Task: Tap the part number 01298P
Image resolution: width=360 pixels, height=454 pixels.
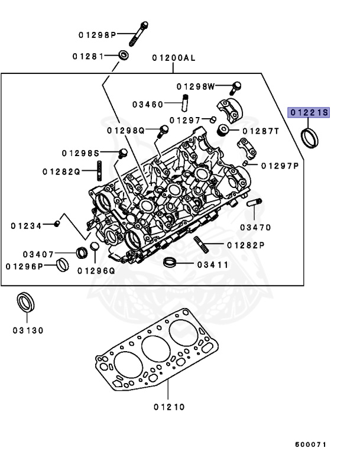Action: [x=98, y=35]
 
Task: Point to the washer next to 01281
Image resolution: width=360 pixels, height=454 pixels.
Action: [x=125, y=56]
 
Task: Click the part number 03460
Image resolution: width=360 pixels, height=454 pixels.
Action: [x=147, y=105]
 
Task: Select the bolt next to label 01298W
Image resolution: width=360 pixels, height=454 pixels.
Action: [x=236, y=86]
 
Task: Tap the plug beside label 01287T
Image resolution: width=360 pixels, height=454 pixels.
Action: [x=224, y=130]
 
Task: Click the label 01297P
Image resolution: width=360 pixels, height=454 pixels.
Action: [x=280, y=166]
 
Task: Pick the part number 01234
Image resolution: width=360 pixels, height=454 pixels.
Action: [x=26, y=225]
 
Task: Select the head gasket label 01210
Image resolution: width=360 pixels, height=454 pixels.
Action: [x=169, y=407]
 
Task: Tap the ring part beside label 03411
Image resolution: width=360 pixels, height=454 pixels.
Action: [x=170, y=263]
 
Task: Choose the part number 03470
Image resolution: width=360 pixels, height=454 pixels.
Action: [x=255, y=227]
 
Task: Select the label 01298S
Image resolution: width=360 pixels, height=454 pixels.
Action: [x=80, y=153]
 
